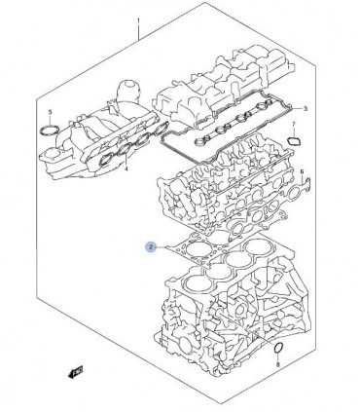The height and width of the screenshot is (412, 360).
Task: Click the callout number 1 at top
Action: [139, 21]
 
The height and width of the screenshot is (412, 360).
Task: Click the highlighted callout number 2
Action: [150, 247]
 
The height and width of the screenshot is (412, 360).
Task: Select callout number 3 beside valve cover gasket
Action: [305, 108]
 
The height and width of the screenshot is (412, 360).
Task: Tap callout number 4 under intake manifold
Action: [126, 169]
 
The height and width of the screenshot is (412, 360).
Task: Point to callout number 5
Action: [50, 112]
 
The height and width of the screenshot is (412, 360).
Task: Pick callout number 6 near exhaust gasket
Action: [302, 171]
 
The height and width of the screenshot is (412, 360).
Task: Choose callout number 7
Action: [294, 124]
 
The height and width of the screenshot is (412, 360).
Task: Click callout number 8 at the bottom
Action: [278, 365]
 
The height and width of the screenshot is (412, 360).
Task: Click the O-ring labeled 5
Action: [50, 130]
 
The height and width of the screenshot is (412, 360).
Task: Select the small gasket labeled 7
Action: [294, 141]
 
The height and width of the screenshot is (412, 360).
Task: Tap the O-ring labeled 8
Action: [278, 347]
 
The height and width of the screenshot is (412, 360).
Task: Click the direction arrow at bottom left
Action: [75, 372]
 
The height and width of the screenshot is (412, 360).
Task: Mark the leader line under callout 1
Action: [139, 33]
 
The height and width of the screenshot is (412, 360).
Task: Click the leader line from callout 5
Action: [50, 121]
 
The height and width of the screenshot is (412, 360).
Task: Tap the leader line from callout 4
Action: [126, 158]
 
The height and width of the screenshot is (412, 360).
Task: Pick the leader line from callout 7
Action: [294, 132]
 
